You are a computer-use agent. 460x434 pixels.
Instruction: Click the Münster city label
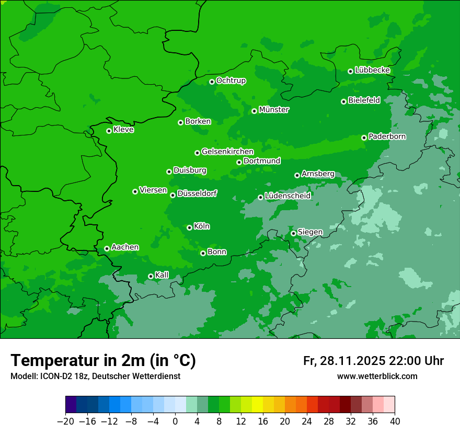click(274, 110)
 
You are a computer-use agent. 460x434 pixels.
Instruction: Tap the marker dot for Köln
click(189, 227)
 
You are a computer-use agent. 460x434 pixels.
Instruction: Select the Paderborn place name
click(387, 136)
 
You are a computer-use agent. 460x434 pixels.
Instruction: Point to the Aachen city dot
click(107, 248)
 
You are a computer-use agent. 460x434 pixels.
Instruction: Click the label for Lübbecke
click(372, 70)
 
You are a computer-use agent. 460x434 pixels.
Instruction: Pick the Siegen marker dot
click(293, 233)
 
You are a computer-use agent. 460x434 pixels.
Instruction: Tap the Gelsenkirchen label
click(227, 152)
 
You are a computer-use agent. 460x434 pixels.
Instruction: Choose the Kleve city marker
click(109, 131)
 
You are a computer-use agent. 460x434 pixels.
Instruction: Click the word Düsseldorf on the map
click(197, 193)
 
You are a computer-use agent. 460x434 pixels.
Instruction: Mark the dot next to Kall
click(151, 276)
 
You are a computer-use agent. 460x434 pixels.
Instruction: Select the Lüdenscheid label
click(287, 196)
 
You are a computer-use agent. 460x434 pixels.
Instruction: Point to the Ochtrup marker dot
click(212, 82)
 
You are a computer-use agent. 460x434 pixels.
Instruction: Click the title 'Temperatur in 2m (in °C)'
click(103, 361)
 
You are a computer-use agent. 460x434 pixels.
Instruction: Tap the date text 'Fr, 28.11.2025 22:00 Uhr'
click(373, 361)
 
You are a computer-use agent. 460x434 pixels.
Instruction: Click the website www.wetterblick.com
click(377, 376)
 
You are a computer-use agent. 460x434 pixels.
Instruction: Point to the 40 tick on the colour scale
click(394, 421)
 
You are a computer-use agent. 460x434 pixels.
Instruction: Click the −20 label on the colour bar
click(65, 421)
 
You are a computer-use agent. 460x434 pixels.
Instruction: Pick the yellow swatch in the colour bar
click(257, 405)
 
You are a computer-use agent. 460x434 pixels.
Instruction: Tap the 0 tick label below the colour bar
click(175, 421)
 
